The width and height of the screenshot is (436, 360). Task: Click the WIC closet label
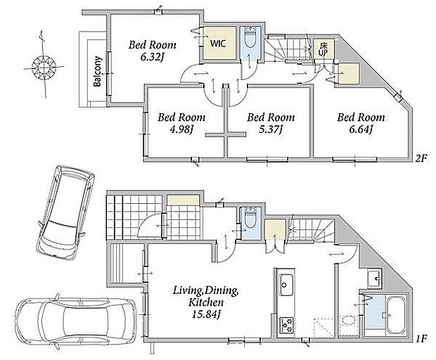coord(218,44)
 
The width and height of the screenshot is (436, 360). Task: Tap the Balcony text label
coord(98,72)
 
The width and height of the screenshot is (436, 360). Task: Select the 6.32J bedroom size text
coord(152,57)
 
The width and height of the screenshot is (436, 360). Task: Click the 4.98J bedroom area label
coord(181,129)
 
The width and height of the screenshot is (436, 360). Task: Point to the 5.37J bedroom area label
coord(271,129)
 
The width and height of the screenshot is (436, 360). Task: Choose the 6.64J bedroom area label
coord(361,129)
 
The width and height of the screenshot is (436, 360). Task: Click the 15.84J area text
coord(206,314)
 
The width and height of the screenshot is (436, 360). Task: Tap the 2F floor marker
coord(421,158)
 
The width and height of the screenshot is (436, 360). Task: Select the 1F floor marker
coord(421,339)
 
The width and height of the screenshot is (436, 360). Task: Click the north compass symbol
coord(44,66)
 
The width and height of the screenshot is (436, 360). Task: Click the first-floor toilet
coord(251,219)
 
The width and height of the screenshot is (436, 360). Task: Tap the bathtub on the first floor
coord(396,315)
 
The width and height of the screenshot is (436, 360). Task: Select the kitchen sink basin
coord(286,285)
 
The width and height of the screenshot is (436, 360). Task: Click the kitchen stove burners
coord(286,325)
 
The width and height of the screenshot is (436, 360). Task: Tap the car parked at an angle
coord(66,213)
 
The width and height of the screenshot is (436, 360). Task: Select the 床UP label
coord(323,49)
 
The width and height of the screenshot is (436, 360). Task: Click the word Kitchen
coord(206,302)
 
